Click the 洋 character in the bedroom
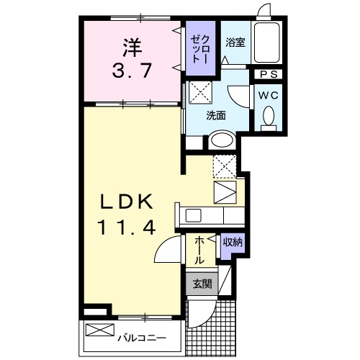(130, 47)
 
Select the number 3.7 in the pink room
(130, 71)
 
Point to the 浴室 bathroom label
(235, 42)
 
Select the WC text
(268, 94)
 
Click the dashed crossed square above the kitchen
(224, 166)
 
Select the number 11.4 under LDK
(126, 228)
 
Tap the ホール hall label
(199, 251)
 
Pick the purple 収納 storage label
(231, 243)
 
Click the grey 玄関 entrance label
(202, 284)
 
